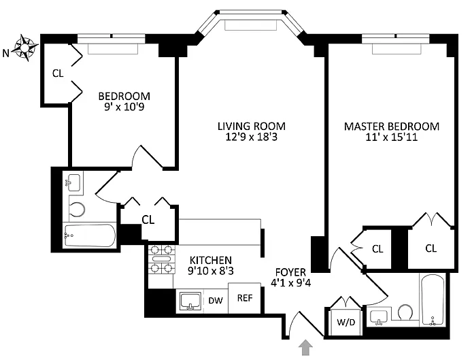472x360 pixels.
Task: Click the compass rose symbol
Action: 24,48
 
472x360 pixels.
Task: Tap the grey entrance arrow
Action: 305,347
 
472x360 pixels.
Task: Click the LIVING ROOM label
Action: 252,126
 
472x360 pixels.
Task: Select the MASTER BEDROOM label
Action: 392,126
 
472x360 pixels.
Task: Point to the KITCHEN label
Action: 211,260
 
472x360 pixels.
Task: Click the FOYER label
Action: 290,272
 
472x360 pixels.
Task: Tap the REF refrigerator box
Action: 244,298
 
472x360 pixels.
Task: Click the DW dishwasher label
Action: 216,300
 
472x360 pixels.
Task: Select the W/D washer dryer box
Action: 346,322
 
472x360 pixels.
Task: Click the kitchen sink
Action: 190,301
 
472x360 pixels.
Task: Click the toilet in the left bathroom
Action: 76,209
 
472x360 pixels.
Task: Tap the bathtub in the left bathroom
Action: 89,235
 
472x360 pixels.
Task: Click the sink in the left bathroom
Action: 73,182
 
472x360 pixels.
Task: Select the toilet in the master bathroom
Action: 405,312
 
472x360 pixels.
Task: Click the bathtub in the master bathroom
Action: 433,300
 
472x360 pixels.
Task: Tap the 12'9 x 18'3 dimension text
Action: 252,137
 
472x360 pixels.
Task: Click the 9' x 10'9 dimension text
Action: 124,107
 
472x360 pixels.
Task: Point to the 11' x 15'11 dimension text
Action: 392,137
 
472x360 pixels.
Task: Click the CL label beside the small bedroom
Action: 58,73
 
